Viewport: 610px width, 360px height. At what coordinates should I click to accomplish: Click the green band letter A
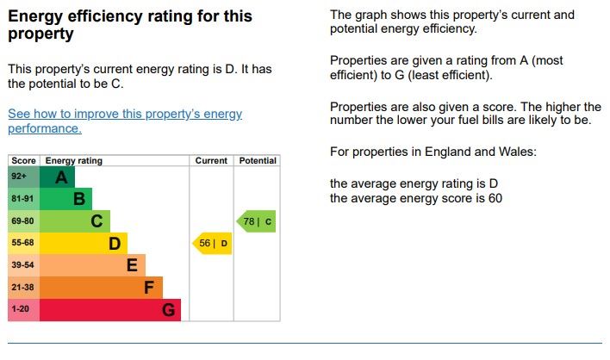(60, 177)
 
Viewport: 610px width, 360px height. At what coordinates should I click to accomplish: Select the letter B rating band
(78, 200)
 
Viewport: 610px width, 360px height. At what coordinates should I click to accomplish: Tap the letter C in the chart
(96, 221)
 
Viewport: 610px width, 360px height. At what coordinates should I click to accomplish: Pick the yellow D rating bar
(114, 244)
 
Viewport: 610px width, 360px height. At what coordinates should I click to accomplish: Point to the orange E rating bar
(131, 265)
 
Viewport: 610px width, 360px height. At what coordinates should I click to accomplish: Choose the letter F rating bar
(148, 288)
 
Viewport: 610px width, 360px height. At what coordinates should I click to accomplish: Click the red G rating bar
(169, 309)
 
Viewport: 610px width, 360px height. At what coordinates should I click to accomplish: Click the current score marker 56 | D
(211, 244)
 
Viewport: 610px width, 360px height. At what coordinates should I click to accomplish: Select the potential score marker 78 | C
(256, 221)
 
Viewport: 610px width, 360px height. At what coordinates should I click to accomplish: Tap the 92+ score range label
(20, 177)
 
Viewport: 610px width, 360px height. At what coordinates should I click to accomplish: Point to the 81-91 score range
(22, 200)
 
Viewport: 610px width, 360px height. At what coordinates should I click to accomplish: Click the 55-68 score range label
(22, 244)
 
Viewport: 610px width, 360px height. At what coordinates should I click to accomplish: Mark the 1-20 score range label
(20, 309)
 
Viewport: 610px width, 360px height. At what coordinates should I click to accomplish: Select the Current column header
(211, 161)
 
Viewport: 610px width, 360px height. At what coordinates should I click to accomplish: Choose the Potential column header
(258, 161)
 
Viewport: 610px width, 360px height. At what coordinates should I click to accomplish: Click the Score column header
(23, 161)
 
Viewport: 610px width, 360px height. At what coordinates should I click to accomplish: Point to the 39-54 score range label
(22, 265)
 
